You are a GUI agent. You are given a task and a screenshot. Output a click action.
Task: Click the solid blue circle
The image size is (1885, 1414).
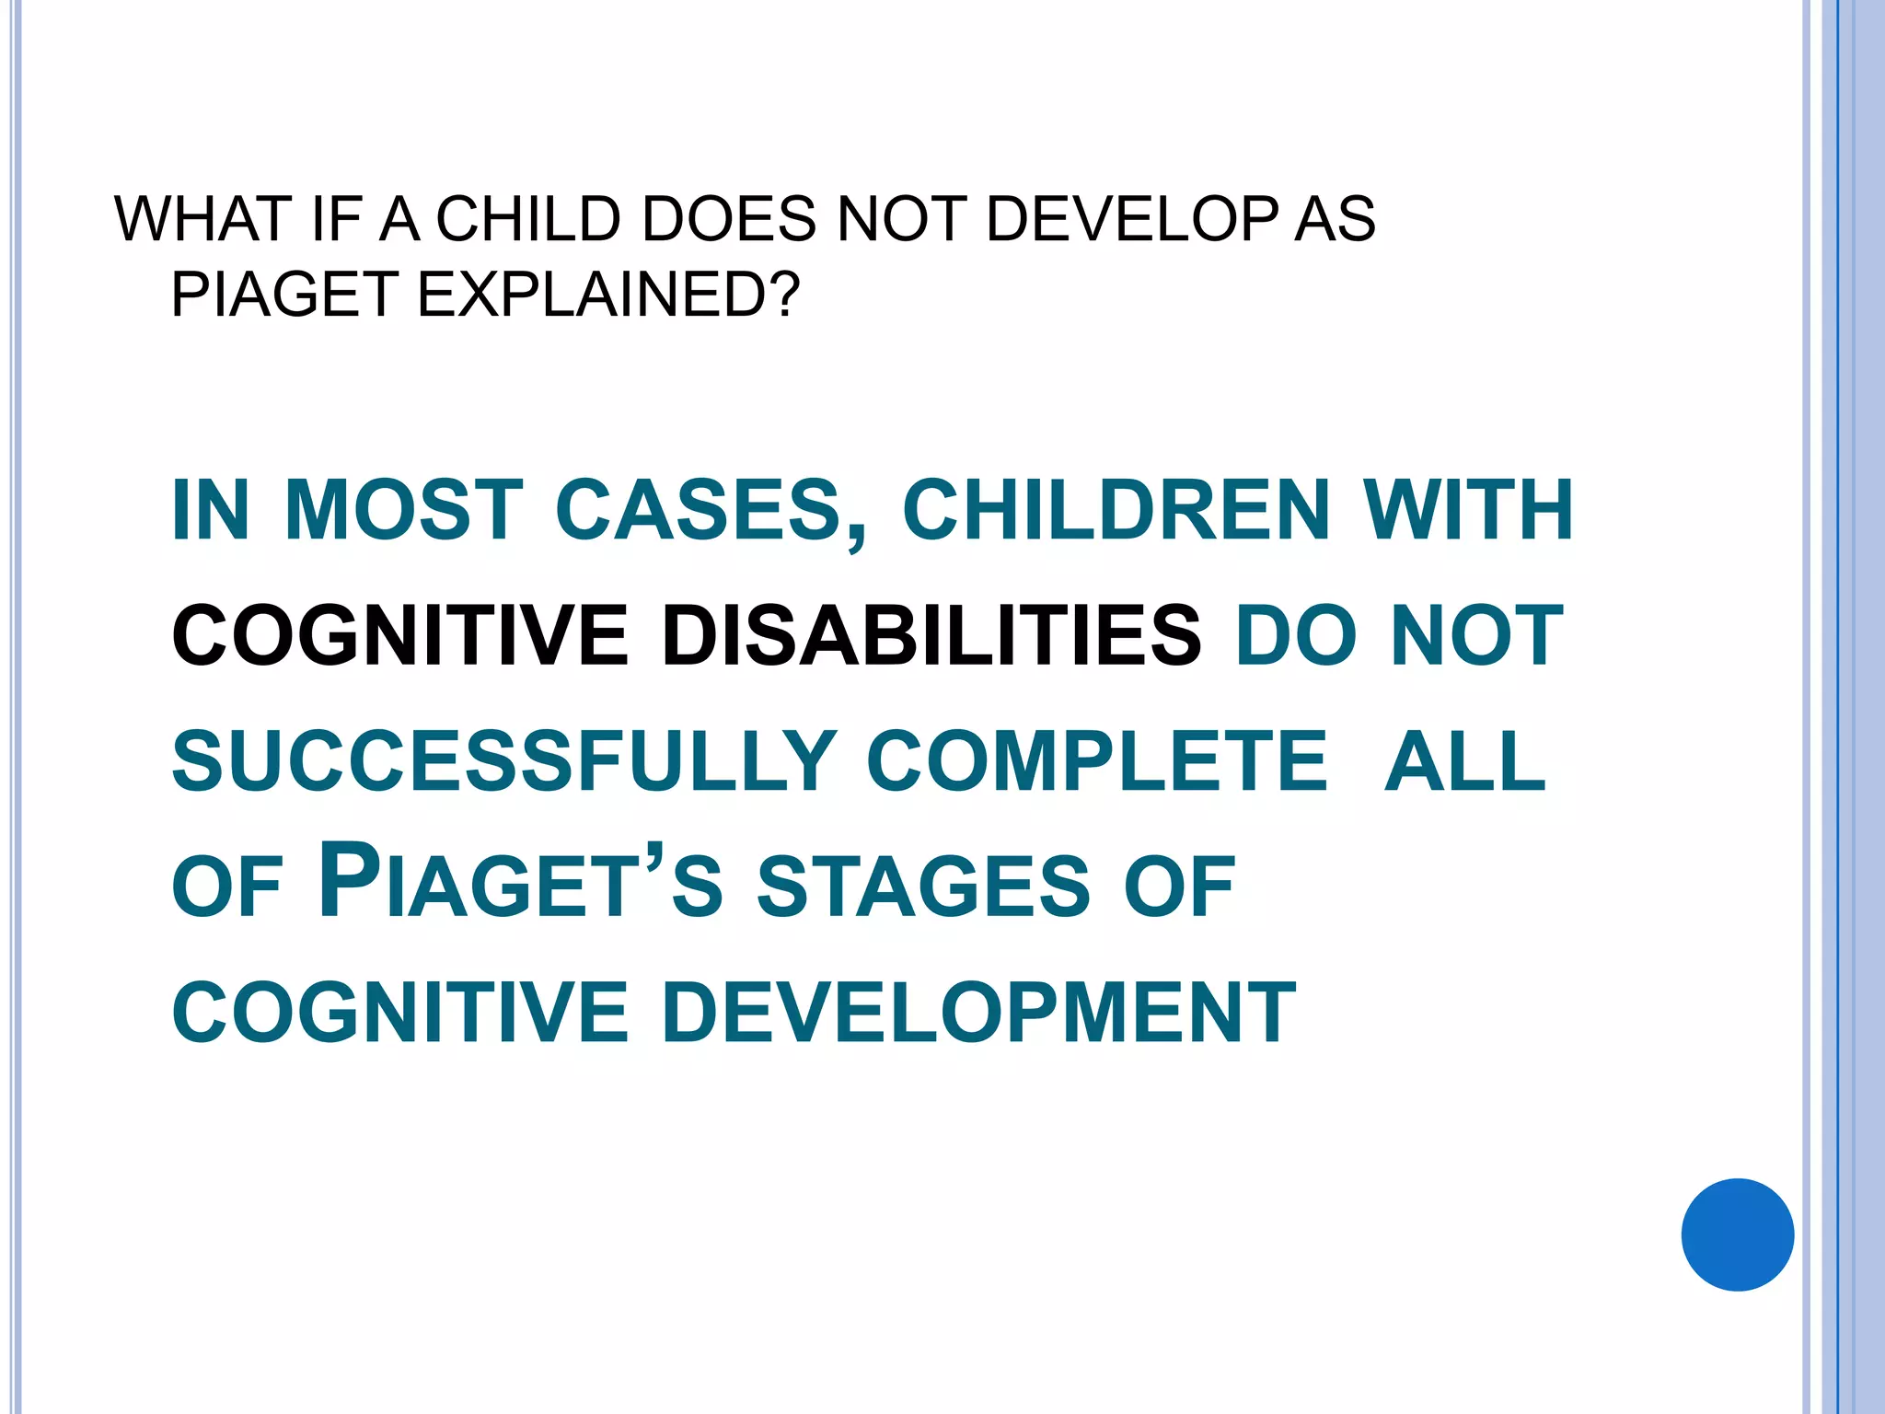click(1737, 1234)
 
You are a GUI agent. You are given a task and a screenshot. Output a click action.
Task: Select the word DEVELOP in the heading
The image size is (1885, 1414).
click(1131, 220)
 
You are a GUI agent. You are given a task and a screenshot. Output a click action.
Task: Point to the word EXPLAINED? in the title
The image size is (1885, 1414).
click(608, 296)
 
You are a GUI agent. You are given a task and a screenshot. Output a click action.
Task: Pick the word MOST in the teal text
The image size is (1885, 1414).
click(403, 510)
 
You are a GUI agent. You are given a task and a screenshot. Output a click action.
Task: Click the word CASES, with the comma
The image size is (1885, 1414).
click(711, 512)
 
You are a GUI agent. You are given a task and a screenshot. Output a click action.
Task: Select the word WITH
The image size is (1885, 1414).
click(1469, 510)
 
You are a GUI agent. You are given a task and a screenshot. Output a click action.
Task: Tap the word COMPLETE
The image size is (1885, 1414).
click(1097, 761)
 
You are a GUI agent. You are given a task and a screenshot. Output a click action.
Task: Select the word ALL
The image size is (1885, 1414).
click(1465, 761)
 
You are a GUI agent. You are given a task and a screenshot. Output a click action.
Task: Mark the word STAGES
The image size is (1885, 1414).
click(923, 887)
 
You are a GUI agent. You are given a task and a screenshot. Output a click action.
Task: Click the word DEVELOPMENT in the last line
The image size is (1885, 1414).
click(978, 1013)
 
